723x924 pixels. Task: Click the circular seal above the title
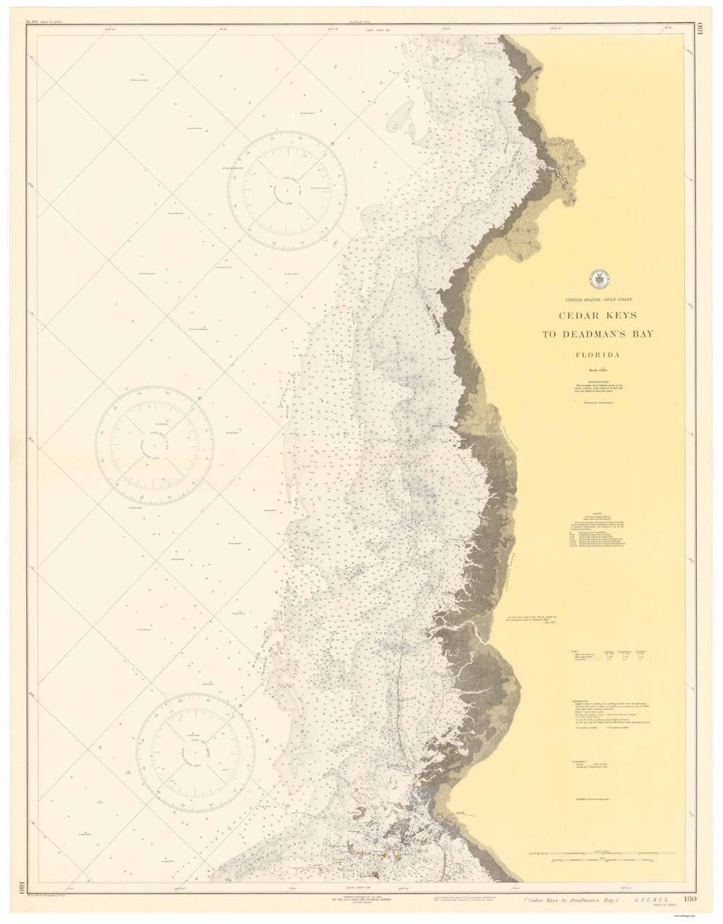pyautogui.click(x=597, y=279)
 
